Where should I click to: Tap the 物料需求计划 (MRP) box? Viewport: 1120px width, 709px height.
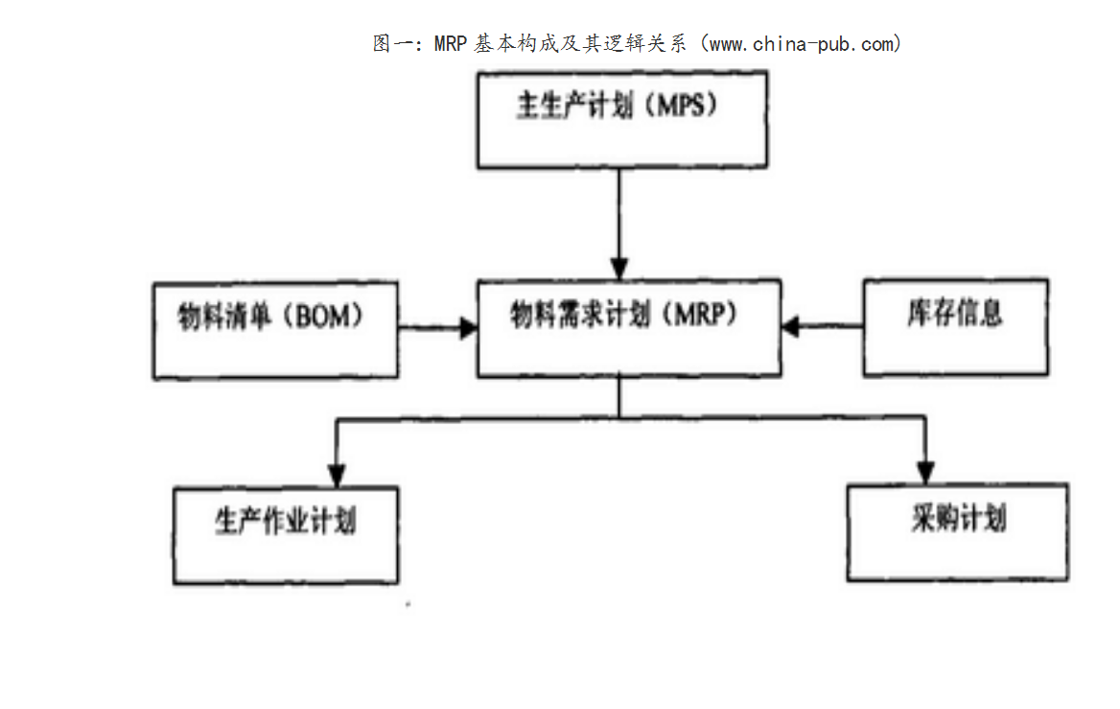pos(628,327)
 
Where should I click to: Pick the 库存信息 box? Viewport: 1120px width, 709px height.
pos(955,327)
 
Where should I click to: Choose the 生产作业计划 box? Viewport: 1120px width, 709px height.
pos(286,534)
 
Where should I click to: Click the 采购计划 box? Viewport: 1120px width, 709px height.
pos(957,532)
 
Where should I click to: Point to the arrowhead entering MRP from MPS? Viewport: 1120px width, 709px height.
pos(620,268)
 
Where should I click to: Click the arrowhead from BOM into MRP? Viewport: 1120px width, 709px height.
pos(469,328)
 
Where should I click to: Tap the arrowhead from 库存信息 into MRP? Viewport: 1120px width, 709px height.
pos(791,327)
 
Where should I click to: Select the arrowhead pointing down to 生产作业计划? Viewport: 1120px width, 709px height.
pos(336,473)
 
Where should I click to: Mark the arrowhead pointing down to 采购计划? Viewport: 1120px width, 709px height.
pos(924,471)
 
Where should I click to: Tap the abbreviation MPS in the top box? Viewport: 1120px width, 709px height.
pos(685,106)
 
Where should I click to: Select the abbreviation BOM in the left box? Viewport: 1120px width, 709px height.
pos(324,317)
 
